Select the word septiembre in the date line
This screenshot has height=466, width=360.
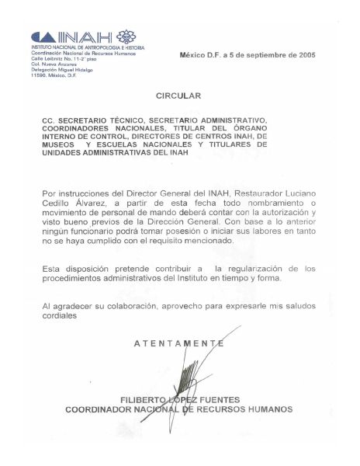(261, 55)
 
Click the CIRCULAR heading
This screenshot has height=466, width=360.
(178, 96)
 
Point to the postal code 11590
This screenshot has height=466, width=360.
(40, 75)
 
